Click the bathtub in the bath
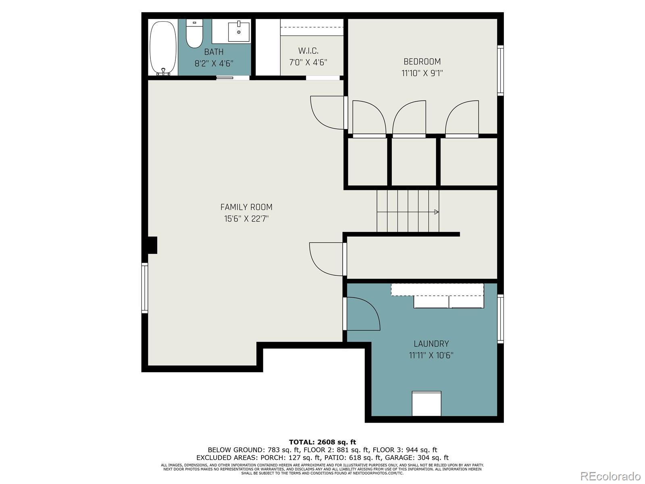pyautogui.click(x=163, y=48)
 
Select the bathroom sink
pyautogui.click(x=239, y=31)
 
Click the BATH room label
pyautogui.click(x=214, y=52)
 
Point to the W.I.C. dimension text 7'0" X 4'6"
pyautogui.click(x=308, y=63)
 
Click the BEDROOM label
pyautogui.click(x=422, y=61)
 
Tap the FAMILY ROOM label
pyautogui.click(x=246, y=207)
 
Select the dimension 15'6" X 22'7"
pyautogui.click(x=246, y=219)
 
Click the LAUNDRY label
pyautogui.click(x=431, y=344)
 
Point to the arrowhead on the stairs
pyautogui.click(x=436, y=212)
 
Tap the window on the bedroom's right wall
pyautogui.click(x=500, y=70)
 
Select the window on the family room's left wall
pyautogui.click(x=144, y=288)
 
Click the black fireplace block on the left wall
pyautogui.click(x=152, y=245)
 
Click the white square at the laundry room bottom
pyautogui.click(x=427, y=403)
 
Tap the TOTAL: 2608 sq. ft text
pyautogui.click(x=322, y=442)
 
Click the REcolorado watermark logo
pyautogui.click(x=611, y=476)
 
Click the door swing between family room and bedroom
pyautogui.click(x=327, y=113)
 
